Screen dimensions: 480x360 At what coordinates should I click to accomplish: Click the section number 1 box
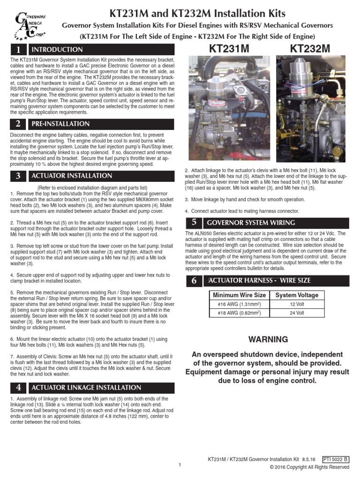pyautogui.click(x=18, y=50)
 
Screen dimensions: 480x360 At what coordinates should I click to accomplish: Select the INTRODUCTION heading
pyautogui.click(x=57, y=50)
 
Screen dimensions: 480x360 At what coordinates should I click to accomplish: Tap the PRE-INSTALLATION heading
pyautogui.click(x=60, y=124)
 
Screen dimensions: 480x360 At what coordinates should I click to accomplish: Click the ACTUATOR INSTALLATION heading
pyautogui.click(x=72, y=176)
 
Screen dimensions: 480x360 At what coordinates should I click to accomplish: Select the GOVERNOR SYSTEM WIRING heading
pyautogui.click(x=251, y=223)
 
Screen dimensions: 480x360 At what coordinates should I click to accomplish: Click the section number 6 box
pyautogui.click(x=194, y=281)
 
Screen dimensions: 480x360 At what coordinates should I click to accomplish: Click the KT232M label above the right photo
pyautogui.click(x=310, y=49)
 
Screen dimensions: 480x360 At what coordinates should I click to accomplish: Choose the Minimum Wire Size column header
pyautogui.click(x=239, y=295)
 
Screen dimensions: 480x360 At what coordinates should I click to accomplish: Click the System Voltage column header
pyautogui.click(x=296, y=295)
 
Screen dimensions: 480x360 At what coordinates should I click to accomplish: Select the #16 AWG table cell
pyautogui.click(x=239, y=304)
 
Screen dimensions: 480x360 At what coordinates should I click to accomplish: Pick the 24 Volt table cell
pyautogui.click(x=296, y=313)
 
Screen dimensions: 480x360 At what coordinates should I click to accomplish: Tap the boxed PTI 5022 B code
pyautogui.click(x=336, y=459)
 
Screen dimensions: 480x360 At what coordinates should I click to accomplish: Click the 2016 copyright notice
pyautogui.click(x=309, y=467)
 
